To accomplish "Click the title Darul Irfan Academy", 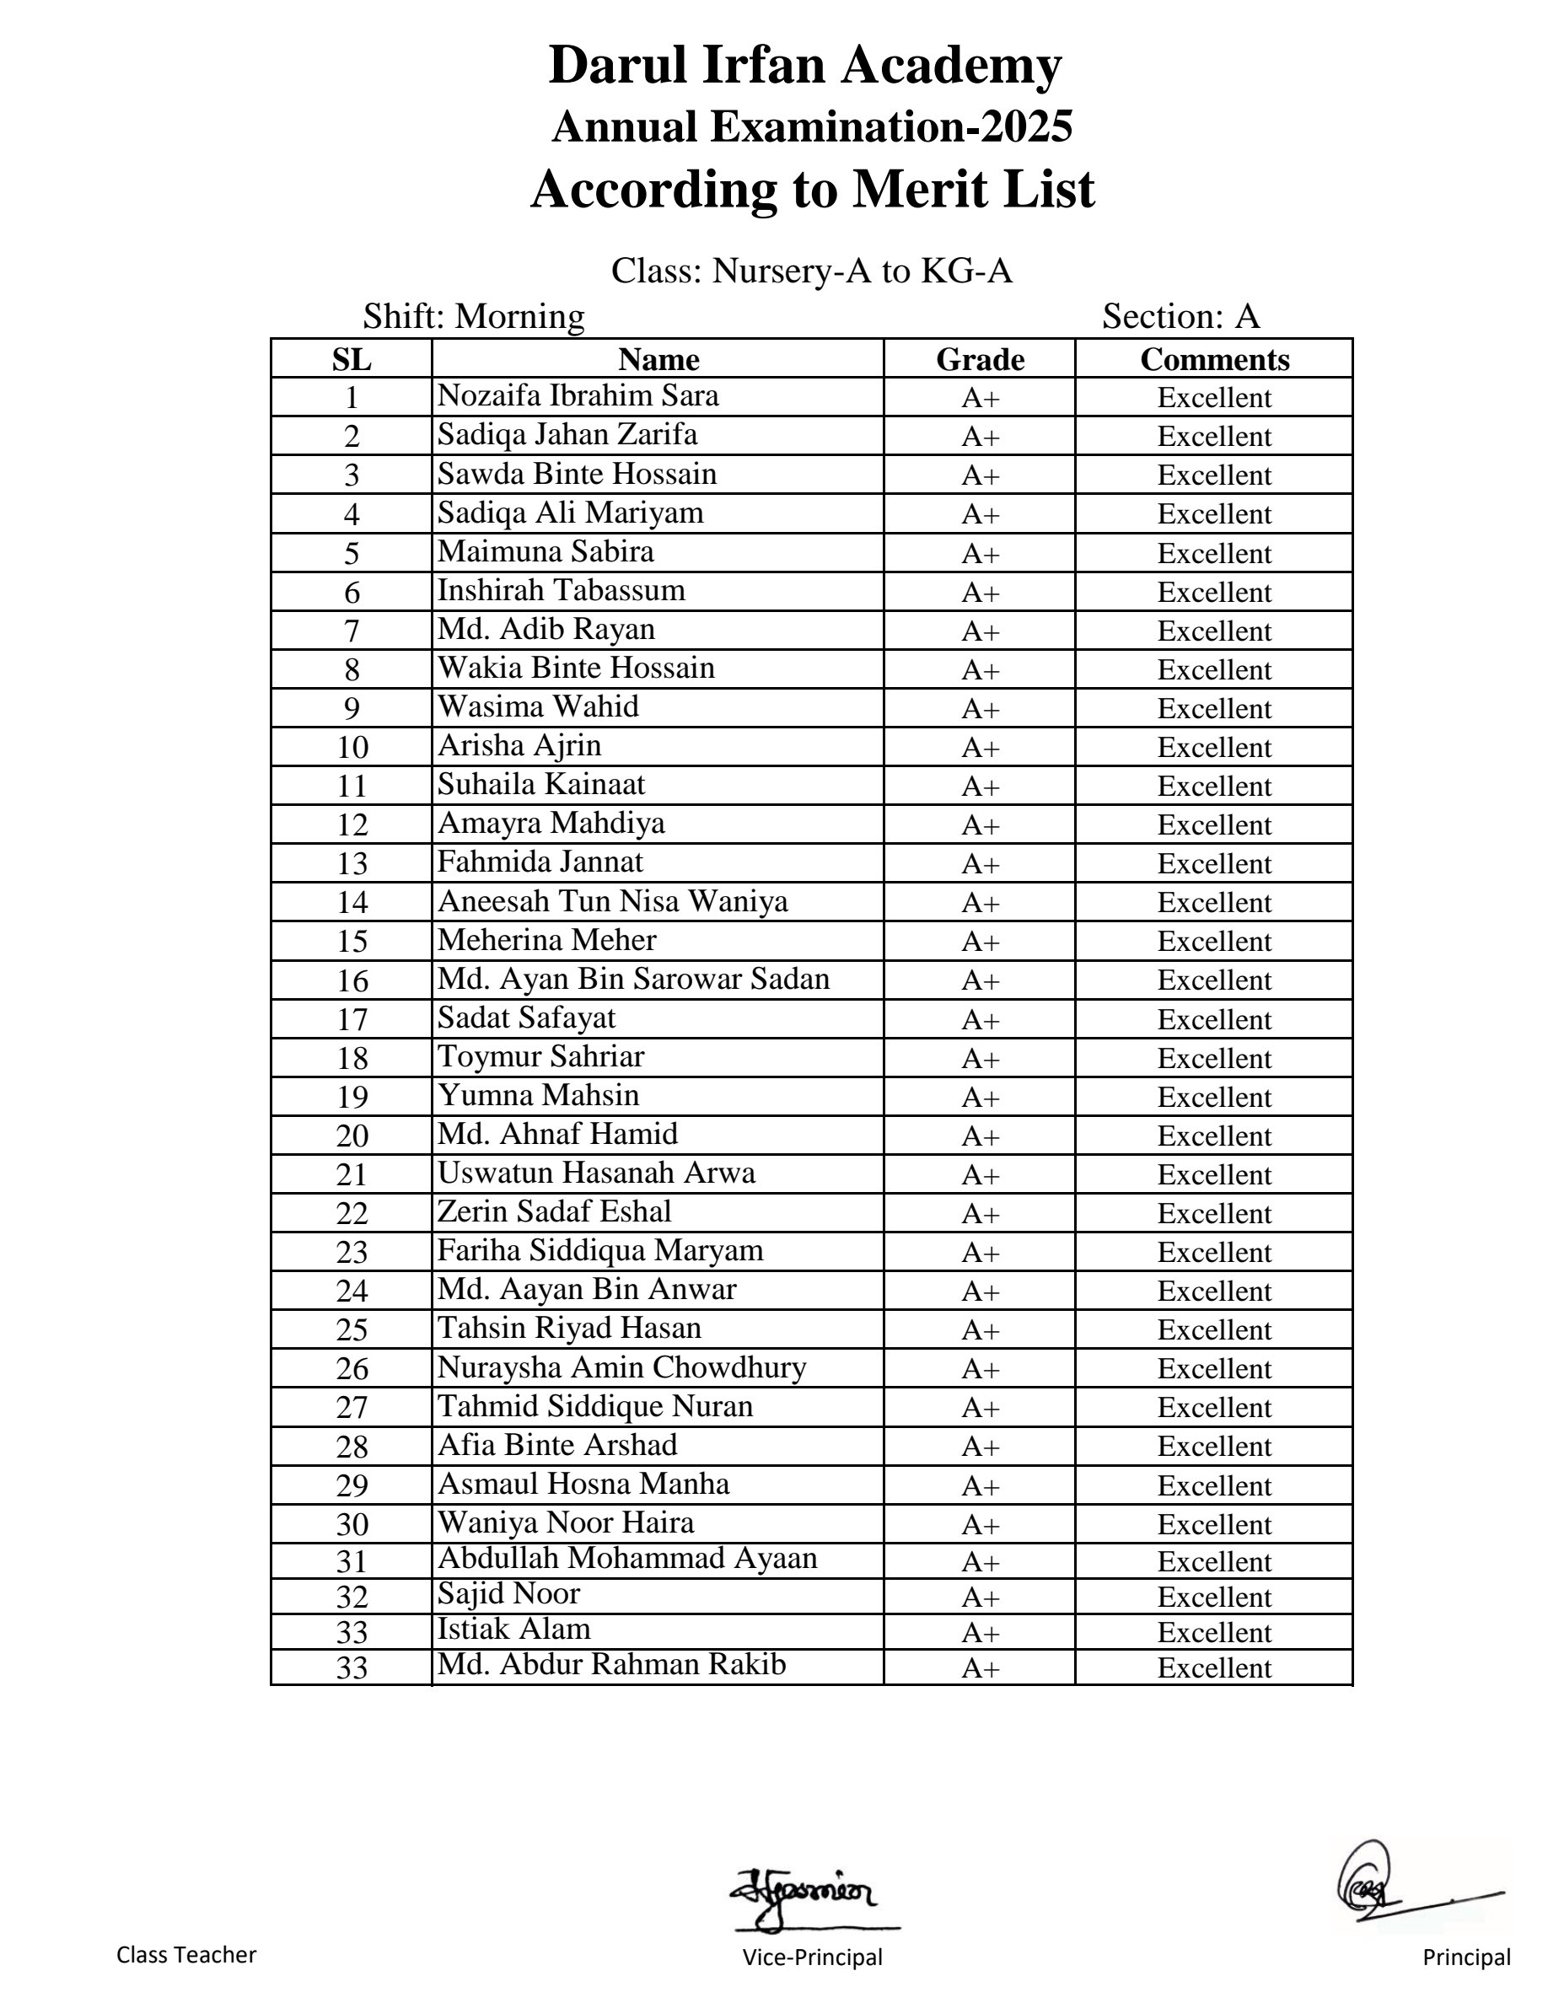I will click(804, 65).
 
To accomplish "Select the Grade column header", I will click(980, 358).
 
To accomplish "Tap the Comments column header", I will click(1214, 358).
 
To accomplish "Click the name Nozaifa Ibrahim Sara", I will click(578, 395).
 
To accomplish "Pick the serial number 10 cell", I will click(352, 748).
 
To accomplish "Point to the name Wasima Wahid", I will click(538, 706).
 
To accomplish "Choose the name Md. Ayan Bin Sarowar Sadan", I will click(632, 979).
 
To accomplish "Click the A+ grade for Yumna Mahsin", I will click(980, 1097).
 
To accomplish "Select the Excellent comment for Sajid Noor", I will click(1214, 1597).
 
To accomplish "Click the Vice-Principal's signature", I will click(804, 1892).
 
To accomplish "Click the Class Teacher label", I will click(186, 1954).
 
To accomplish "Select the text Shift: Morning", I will click(473, 316).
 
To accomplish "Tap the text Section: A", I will click(1180, 316).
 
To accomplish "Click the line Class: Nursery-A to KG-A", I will click(812, 271).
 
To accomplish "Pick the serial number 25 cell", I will click(352, 1329).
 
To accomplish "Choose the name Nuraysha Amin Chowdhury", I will click(621, 1367).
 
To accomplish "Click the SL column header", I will click(352, 358).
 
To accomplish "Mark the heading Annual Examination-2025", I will click(812, 126).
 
